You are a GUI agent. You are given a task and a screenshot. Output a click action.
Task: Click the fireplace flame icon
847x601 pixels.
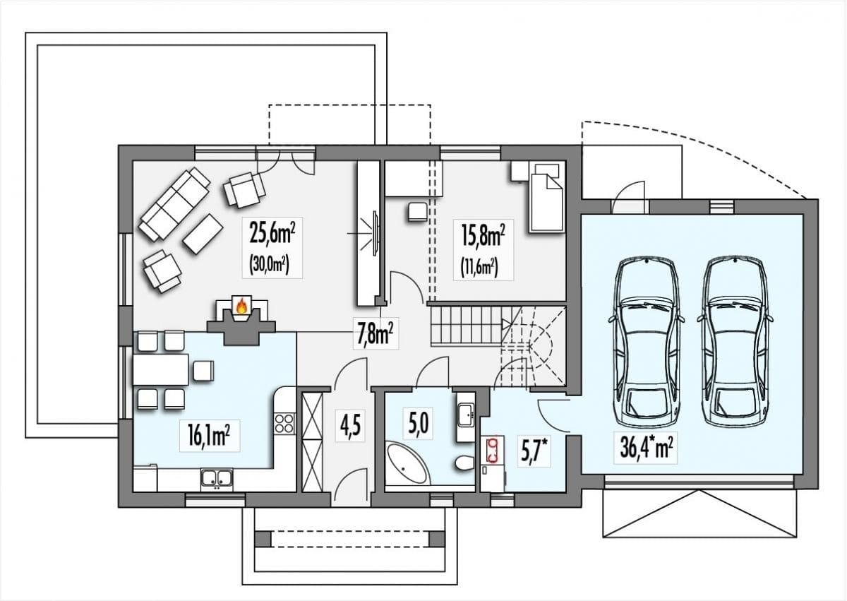point(241,306)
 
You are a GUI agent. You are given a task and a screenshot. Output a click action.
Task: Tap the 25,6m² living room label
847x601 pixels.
point(272,235)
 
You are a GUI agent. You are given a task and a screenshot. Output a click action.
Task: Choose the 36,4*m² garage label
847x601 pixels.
point(646,448)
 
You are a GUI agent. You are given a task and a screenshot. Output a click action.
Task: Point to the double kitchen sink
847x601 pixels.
point(217,477)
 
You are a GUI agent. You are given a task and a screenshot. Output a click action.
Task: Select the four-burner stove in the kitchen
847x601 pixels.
point(284,423)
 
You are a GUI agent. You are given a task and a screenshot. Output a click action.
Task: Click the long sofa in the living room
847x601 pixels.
point(174,203)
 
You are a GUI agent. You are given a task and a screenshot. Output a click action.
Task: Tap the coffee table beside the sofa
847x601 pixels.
point(203,234)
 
